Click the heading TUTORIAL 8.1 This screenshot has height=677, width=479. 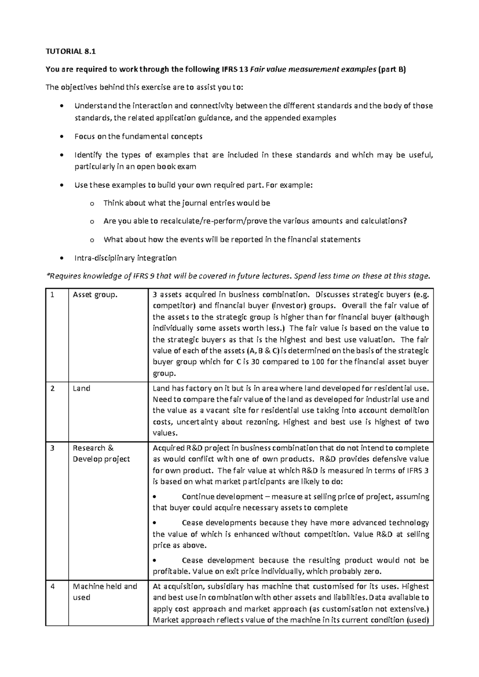coord(71,51)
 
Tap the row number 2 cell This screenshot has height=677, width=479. coord(52,388)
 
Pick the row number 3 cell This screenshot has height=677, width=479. coord(52,448)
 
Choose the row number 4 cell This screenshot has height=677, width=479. coord(52,586)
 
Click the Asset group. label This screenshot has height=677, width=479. coord(95,295)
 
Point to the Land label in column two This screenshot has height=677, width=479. coord(81,388)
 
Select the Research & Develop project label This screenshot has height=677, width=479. coord(101,453)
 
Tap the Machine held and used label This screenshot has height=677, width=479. coord(105,592)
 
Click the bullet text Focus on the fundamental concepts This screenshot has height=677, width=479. coord(138,137)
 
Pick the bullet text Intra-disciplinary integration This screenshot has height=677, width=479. coord(125,258)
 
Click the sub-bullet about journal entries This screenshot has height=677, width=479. coord(187,203)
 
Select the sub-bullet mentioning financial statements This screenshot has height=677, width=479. coord(232,240)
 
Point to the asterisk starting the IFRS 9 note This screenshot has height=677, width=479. coord(48,275)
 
